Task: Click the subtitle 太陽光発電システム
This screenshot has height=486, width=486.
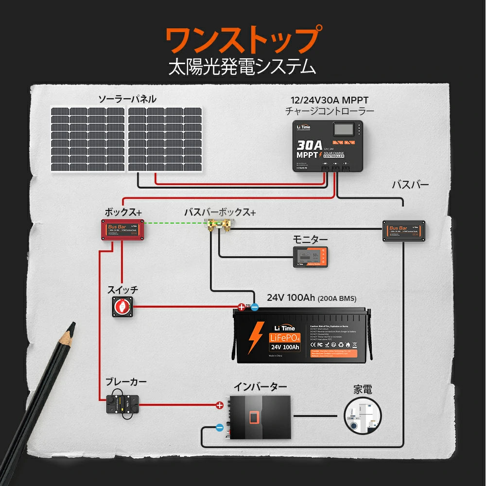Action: click(x=242, y=67)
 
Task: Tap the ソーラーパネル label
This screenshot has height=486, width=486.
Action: click(x=127, y=99)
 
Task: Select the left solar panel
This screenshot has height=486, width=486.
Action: click(x=88, y=139)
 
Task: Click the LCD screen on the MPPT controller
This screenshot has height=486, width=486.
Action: click(x=343, y=130)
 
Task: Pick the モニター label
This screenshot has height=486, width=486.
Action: click(x=310, y=240)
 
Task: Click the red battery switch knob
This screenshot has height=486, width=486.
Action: click(x=122, y=306)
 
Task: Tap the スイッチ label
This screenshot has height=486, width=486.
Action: click(x=122, y=290)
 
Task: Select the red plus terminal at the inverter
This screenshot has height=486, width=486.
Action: click(x=220, y=404)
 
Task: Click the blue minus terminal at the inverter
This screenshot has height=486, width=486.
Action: click(x=220, y=428)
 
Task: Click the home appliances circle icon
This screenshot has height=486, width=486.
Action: click(x=363, y=416)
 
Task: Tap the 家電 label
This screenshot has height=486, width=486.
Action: click(x=363, y=390)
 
